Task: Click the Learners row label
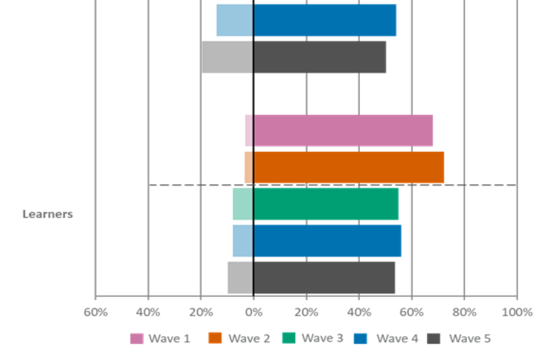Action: tap(48, 214)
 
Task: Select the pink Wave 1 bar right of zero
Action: tap(344, 130)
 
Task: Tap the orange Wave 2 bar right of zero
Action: tap(349, 167)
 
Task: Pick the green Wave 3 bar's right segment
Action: tap(326, 204)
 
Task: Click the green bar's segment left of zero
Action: tap(242, 204)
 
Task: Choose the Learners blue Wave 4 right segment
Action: tap(328, 241)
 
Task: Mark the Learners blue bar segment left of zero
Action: tap(242, 241)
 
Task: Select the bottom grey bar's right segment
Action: tap(325, 278)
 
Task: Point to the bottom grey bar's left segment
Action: tap(240, 278)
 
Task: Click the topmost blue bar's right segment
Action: tap(325, 20)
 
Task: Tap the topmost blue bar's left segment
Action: tap(234, 20)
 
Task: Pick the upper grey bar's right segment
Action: tap(320, 57)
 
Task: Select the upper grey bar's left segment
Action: tap(227, 57)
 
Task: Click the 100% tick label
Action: tap(517, 312)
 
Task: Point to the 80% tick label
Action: tap(465, 312)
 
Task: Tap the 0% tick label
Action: tap(254, 312)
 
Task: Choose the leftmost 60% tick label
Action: tap(96, 312)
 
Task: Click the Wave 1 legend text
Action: tap(169, 339)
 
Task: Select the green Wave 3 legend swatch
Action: tap(289, 338)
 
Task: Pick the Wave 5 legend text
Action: tap(470, 339)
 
